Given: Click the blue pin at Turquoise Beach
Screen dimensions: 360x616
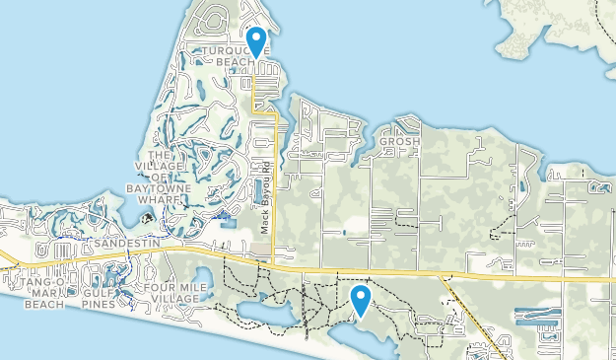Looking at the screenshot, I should click(x=256, y=41).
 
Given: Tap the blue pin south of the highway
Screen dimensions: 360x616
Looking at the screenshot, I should click(x=361, y=300).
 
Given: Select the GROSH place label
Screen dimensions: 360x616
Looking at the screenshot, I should click(x=400, y=142).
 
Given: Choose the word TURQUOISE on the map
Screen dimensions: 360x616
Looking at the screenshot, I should click(x=229, y=50).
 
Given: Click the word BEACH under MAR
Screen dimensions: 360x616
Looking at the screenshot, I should click(x=43, y=305).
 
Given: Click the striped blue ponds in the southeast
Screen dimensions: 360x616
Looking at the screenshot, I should click(x=537, y=318).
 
